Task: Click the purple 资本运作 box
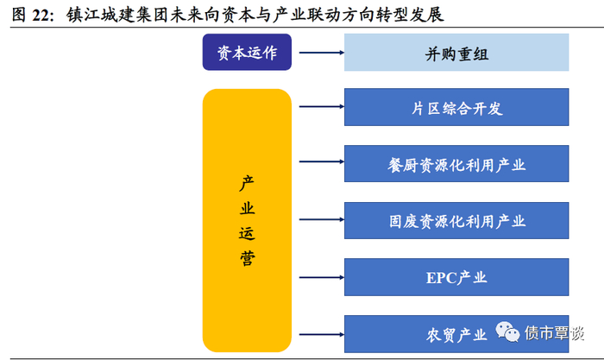pos(247,53)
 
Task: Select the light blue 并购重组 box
pos(456,54)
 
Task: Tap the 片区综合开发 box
pos(456,108)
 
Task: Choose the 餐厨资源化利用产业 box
pos(456,164)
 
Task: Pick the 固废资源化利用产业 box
pos(456,221)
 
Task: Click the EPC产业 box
pos(456,277)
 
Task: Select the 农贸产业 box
pos(456,332)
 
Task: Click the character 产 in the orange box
pos(247,184)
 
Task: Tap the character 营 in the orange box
pos(247,257)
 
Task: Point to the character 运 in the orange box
pos(247,233)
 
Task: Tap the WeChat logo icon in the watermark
pos(507,332)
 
